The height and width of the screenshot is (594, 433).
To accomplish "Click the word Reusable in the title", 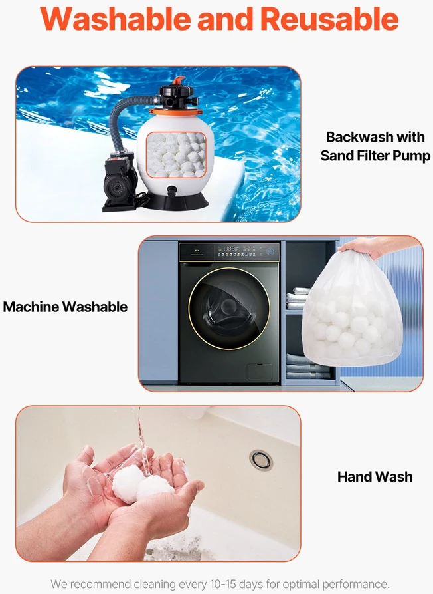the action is point(329,19).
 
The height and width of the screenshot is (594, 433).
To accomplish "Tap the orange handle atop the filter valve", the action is point(179,80).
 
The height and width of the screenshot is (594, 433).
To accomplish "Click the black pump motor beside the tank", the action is point(118,181).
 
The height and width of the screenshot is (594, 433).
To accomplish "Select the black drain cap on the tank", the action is point(172,190).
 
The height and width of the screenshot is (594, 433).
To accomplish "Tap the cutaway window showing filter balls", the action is point(176,154).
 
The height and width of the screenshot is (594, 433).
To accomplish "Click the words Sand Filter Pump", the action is point(375,156).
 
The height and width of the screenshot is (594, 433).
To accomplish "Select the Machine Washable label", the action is point(66,307).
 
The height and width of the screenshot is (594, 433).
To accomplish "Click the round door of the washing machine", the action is point(229,309).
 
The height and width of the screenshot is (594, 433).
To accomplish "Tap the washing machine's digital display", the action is point(232,249).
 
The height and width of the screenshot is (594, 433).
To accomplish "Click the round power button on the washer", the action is point(270,251).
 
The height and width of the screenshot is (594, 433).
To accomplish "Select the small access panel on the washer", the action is point(259,372).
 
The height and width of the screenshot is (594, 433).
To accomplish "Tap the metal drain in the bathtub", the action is point(261,460).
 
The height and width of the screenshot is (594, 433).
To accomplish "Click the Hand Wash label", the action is point(375,476).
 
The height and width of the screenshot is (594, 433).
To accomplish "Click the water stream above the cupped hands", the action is point(140,440).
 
